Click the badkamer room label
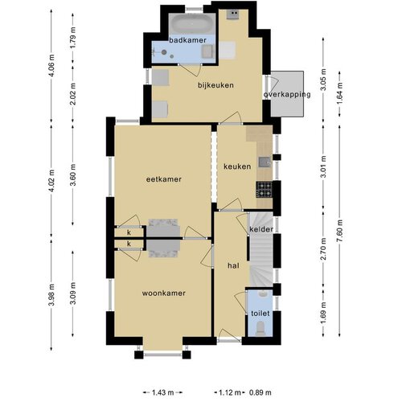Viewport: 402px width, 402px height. point(187,40)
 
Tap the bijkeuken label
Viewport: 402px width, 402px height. point(215,85)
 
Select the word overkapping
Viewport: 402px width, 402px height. point(287,95)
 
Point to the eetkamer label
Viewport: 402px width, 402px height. point(164,179)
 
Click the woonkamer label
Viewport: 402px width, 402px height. point(164,293)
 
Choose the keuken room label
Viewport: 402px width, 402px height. point(237,166)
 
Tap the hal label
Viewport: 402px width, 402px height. point(233,265)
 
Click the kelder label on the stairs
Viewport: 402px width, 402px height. point(261,229)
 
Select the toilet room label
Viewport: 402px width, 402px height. point(260,313)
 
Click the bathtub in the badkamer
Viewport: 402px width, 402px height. point(191,24)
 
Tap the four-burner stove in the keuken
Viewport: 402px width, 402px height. point(264,190)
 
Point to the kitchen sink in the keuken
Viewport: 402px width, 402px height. point(265,162)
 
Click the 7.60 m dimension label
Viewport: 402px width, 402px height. point(340,231)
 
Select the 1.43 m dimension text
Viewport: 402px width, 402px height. point(162,392)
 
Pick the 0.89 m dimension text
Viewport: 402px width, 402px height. point(260,392)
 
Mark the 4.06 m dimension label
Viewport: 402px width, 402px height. point(51,65)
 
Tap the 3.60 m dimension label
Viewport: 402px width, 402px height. point(73,174)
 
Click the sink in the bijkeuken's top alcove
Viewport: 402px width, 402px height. point(232,14)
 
